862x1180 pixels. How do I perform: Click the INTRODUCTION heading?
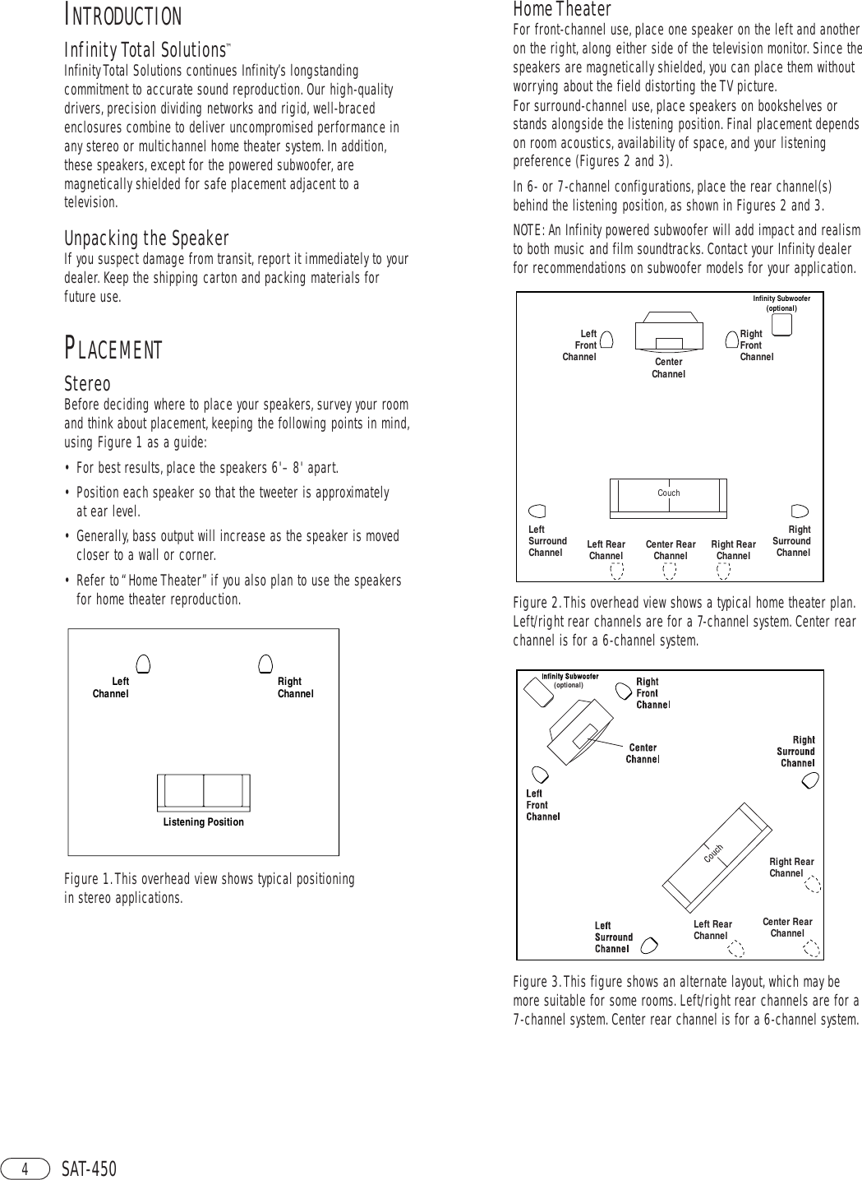coord(123,16)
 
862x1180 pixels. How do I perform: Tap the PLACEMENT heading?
coord(113,349)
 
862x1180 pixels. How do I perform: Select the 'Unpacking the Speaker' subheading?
coord(146,238)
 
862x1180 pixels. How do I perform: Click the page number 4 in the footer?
coord(25,1168)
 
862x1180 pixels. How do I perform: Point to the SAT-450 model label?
coord(90,1168)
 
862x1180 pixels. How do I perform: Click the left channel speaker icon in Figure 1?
coord(143,664)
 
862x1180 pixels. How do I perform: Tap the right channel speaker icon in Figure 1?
coord(265,664)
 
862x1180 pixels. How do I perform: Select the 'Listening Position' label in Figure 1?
coord(203,821)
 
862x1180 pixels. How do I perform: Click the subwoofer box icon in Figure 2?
coord(781,326)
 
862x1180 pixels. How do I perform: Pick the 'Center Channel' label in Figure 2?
coord(668,368)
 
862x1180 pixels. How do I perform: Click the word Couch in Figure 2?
coord(668,493)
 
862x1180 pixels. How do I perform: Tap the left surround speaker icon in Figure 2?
coord(537,511)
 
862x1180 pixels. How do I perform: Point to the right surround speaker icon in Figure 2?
coord(800,511)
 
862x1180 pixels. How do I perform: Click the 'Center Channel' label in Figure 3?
coord(643,753)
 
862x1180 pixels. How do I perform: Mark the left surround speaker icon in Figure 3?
coord(648,945)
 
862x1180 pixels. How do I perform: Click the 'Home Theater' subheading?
coord(562,9)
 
